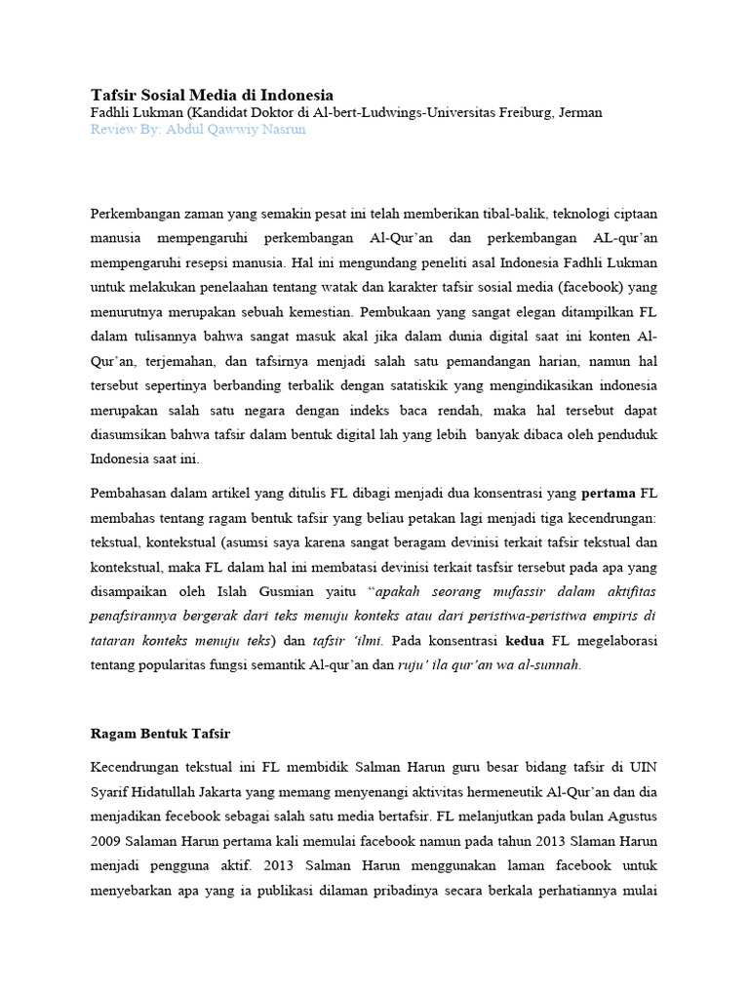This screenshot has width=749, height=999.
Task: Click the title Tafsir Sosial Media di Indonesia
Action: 212,95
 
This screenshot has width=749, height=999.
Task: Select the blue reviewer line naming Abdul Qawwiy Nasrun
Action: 198,129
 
